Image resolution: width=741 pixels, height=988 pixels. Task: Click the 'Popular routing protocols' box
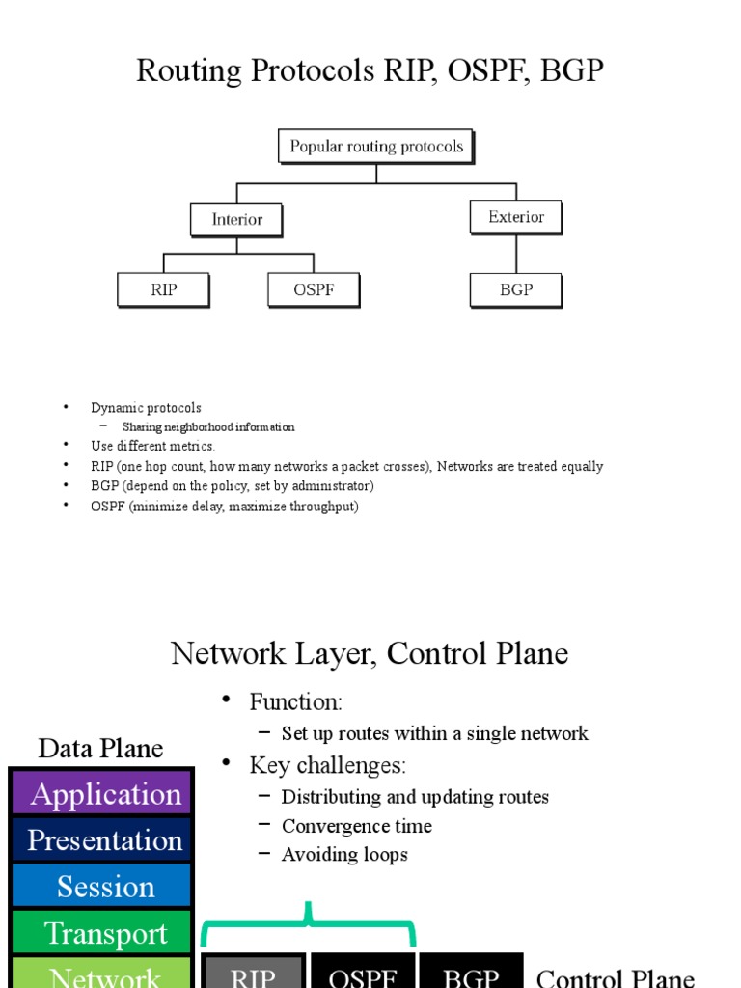[x=376, y=147]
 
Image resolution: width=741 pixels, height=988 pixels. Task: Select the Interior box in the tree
[x=236, y=219]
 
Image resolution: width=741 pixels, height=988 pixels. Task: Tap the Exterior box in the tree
[x=515, y=217]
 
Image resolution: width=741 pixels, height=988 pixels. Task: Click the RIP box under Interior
[x=163, y=289]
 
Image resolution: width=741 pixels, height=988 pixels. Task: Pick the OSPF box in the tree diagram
[x=314, y=289]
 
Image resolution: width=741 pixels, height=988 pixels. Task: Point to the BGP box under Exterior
[x=515, y=289]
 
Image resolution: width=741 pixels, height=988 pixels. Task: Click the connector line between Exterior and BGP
[x=516, y=254]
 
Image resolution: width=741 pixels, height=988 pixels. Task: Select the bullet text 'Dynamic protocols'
[x=146, y=408]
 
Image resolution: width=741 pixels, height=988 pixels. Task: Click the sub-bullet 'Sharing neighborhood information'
[x=207, y=426]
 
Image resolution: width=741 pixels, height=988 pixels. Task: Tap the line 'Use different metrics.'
[x=152, y=446]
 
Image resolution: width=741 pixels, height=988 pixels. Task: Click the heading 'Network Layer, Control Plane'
[x=370, y=653]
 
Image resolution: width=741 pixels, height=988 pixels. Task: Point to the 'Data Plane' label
[x=100, y=748]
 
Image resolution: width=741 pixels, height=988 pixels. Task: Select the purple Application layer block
[x=101, y=794]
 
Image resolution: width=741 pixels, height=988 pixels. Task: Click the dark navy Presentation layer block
[x=101, y=840]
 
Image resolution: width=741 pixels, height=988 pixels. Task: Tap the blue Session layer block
[x=101, y=887]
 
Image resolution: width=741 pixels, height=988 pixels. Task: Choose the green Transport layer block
[x=101, y=933]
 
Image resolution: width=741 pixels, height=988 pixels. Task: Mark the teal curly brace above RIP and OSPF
[x=309, y=924]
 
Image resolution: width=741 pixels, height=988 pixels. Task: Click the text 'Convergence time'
[x=356, y=826]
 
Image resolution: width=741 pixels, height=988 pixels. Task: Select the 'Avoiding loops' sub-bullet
[x=343, y=855]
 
